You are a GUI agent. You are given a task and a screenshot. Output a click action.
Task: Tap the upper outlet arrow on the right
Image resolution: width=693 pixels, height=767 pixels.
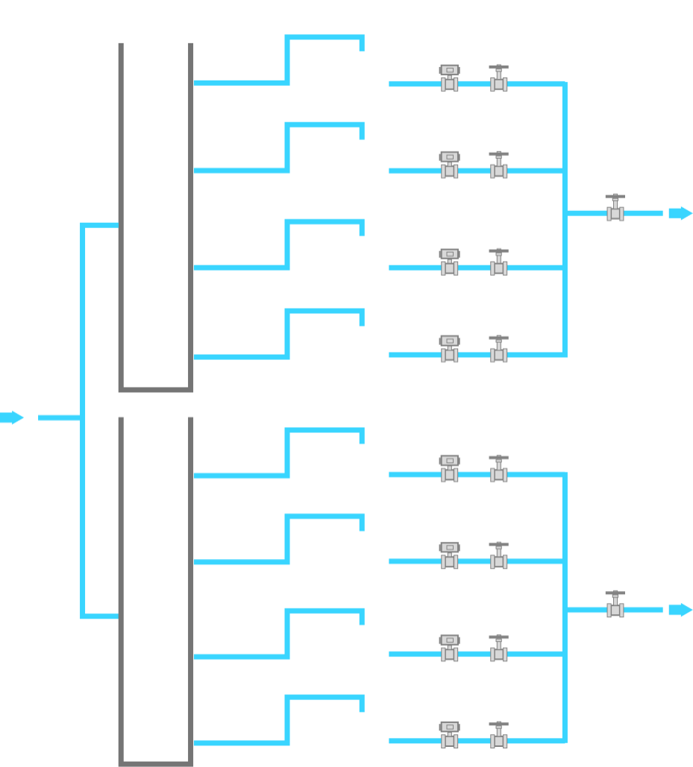click(680, 213)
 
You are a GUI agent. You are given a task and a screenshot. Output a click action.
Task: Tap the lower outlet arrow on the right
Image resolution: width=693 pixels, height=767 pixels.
click(680, 610)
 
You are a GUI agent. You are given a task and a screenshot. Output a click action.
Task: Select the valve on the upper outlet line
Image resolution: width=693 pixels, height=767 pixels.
click(615, 209)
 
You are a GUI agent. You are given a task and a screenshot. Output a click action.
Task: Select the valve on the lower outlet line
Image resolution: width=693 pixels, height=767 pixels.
click(615, 605)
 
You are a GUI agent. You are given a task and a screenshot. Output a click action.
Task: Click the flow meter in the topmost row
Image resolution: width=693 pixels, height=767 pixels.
click(449, 78)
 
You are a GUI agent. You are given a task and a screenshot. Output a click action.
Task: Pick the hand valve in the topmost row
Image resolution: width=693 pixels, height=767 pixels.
click(499, 79)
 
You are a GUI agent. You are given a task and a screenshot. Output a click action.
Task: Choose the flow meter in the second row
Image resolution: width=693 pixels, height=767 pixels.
click(449, 165)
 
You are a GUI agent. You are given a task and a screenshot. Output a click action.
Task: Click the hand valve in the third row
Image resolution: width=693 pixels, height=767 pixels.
click(499, 263)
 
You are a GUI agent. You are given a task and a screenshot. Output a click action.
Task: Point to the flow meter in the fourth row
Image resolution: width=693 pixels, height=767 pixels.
click(449, 350)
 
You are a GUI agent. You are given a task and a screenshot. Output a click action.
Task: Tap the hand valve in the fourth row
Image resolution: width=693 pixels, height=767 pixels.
click(499, 350)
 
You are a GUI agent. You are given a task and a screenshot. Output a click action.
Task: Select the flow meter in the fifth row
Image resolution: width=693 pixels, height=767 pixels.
click(449, 470)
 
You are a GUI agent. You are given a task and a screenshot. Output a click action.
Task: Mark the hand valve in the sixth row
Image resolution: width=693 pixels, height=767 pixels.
click(499, 557)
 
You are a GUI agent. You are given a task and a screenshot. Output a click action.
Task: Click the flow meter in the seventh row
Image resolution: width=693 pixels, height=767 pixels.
click(449, 649)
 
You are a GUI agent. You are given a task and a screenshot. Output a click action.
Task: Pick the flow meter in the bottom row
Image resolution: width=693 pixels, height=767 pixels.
click(449, 736)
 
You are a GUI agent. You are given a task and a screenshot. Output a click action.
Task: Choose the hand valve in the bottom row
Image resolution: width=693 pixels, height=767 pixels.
click(499, 736)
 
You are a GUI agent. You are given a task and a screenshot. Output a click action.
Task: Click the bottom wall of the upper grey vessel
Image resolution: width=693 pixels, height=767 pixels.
click(156, 389)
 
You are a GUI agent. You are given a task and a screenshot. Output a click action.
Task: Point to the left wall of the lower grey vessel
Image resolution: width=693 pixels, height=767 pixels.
click(121, 589)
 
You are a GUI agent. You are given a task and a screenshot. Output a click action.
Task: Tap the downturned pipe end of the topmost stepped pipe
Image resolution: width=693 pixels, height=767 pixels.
click(362, 44)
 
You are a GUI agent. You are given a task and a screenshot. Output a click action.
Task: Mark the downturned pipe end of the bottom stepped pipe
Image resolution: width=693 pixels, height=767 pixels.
click(362, 705)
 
